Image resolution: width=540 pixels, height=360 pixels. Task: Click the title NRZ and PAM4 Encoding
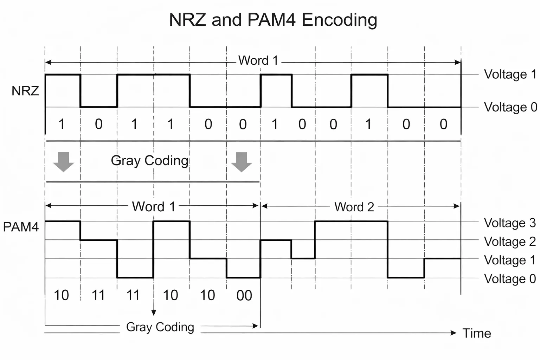click(x=273, y=20)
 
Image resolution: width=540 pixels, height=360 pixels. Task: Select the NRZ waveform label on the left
click(x=25, y=91)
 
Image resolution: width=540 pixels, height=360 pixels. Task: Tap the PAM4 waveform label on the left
click(x=21, y=227)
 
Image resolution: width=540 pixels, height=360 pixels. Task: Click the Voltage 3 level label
click(x=509, y=223)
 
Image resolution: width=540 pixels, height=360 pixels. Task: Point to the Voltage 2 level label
click(x=509, y=242)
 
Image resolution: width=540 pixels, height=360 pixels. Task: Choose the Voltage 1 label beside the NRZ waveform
click(x=510, y=75)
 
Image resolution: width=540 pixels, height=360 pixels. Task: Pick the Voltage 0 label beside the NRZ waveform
click(x=510, y=107)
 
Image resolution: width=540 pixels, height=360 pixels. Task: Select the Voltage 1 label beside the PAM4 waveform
click(x=509, y=260)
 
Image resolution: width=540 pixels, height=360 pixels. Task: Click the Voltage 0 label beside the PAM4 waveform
click(x=509, y=279)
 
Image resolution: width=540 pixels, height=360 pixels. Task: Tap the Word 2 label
click(x=354, y=207)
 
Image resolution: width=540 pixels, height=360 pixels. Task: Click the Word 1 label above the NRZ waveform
click(x=258, y=60)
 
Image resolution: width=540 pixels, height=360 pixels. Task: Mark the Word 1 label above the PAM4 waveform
click(x=153, y=207)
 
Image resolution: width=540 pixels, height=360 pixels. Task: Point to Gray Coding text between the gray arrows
click(x=150, y=161)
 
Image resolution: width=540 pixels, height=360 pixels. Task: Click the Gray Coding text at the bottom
click(x=160, y=327)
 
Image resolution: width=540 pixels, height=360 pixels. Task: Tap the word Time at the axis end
click(x=476, y=333)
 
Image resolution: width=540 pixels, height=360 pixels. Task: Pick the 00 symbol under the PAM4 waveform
click(x=244, y=296)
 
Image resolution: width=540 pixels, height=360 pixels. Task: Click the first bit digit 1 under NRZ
click(x=62, y=124)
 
